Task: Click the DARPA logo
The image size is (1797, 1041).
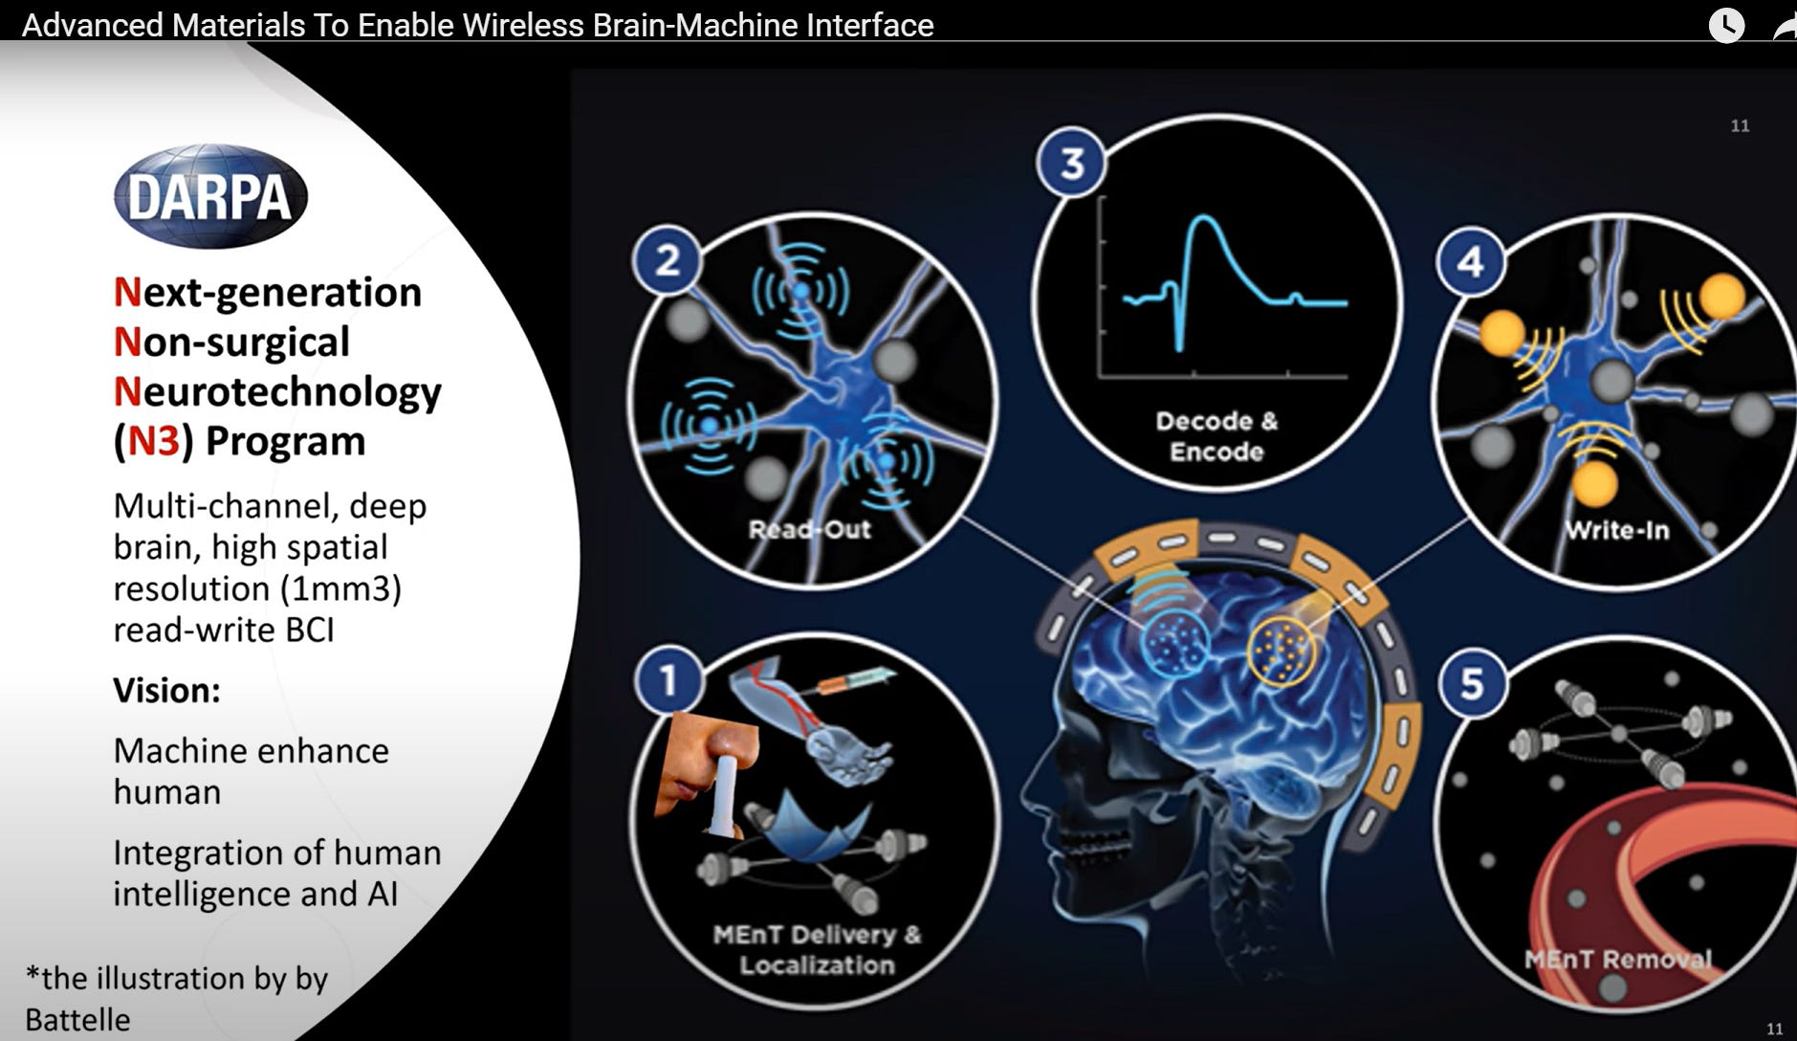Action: click(x=210, y=196)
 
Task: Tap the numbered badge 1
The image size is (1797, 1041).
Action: click(x=668, y=679)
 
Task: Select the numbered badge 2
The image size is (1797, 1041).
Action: click(x=668, y=260)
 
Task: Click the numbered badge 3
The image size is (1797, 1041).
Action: click(x=1072, y=163)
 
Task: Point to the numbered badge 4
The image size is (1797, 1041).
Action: click(x=1471, y=260)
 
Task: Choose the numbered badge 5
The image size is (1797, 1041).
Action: click(x=1472, y=683)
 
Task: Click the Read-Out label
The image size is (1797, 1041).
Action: click(x=809, y=529)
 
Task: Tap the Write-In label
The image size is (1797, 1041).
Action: click(x=1616, y=530)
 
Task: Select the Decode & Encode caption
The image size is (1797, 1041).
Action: click(x=1216, y=435)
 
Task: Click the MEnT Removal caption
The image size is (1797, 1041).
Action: click(x=1617, y=958)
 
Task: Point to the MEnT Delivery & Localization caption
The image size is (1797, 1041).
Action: click(x=817, y=949)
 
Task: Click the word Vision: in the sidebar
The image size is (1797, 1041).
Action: click(x=166, y=690)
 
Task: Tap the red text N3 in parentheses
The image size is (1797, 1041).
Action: click(x=153, y=441)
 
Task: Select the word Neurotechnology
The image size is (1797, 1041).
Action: click(x=277, y=391)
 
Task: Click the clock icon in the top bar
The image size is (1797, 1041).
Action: click(x=1726, y=25)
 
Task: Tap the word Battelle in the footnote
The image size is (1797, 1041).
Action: click(x=77, y=1020)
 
